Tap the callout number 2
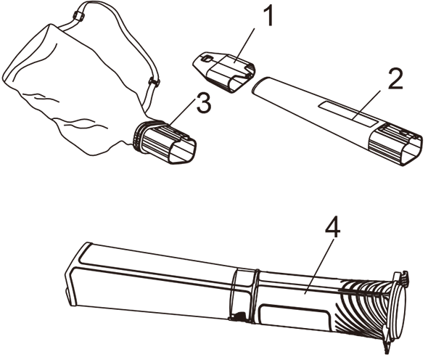pyautogui.click(x=395, y=78)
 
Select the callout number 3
pyautogui.click(x=204, y=102)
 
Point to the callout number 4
pyautogui.click(x=332, y=227)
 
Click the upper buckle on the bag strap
pyautogui.click(x=78, y=16)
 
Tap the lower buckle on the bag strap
pyautogui.click(x=155, y=82)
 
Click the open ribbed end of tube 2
pyautogui.click(x=395, y=144)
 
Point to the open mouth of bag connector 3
pyautogui.click(x=181, y=151)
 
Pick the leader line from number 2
pyautogui.click(x=366, y=105)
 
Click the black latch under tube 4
pyautogui.click(x=238, y=316)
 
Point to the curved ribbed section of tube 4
pyautogui.click(x=363, y=308)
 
